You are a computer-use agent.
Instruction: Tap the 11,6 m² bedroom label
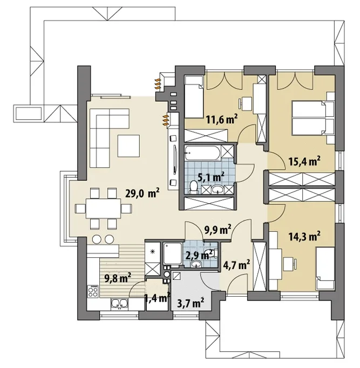pyautogui.click(x=222, y=119)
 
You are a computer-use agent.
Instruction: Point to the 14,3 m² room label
pyautogui.click(x=304, y=236)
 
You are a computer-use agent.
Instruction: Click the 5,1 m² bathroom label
pyautogui.click(x=211, y=177)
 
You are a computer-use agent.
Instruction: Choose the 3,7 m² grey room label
pyautogui.click(x=191, y=303)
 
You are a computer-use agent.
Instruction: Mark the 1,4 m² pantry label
pyautogui.click(x=157, y=298)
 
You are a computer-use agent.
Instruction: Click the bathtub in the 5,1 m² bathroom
pyautogui.click(x=202, y=153)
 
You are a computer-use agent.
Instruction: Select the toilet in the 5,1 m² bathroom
pyautogui.click(x=194, y=187)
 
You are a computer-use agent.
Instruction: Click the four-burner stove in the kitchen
pyautogui.click(x=93, y=291)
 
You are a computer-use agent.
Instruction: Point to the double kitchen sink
pyautogui.click(x=119, y=304)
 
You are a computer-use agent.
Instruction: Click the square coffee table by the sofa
pyautogui.click(x=128, y=146)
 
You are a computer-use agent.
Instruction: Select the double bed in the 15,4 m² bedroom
pyautogui.click(x=313, y=118)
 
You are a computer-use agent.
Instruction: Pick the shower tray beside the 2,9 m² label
pyautogui.click(x=173, y=253)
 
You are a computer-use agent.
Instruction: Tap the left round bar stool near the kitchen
pyautogui.click(x=97, y=239)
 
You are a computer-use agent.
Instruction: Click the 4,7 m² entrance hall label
pyautogui.click(x=236, y=265)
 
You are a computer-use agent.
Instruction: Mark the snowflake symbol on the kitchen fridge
pyautogui.click(x=153, y=252)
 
